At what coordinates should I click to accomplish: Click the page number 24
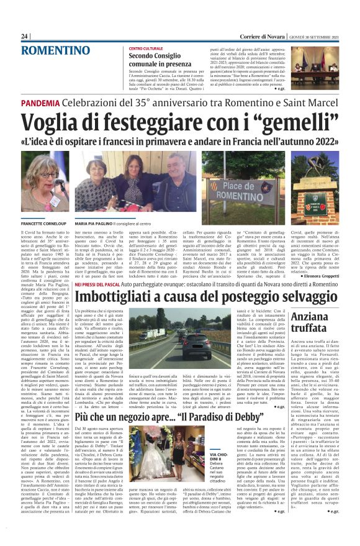coord(25,36)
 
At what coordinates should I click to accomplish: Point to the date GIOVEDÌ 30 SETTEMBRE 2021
coord(311,36)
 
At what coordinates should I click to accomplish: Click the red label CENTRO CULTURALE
coord(145,48)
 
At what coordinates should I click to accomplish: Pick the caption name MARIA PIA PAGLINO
coord(97,221)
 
